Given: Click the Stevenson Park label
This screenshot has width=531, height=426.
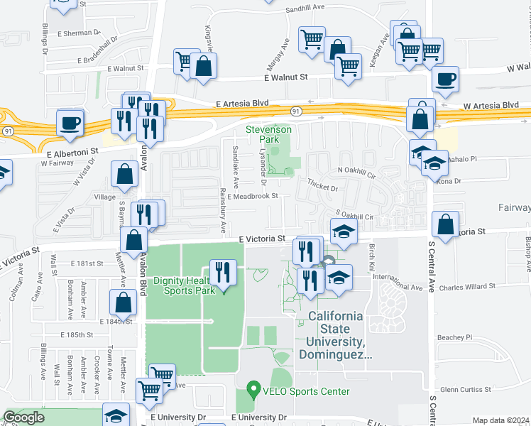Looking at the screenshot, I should tap(268, 135).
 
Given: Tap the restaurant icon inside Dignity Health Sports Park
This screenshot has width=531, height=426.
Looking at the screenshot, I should tap(223, 272).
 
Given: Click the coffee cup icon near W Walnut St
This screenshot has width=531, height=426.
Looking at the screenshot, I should tap(445, 80).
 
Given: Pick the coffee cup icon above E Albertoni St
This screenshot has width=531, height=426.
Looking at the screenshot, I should tap(70, 122).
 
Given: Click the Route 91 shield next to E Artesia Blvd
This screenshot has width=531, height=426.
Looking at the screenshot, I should tap(295, 111).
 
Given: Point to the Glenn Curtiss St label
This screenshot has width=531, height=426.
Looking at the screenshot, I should tap(466, 389).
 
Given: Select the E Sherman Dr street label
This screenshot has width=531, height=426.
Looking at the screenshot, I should tap(79, 33).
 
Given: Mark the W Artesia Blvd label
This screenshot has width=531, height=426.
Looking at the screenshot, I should tap(491, 105).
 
